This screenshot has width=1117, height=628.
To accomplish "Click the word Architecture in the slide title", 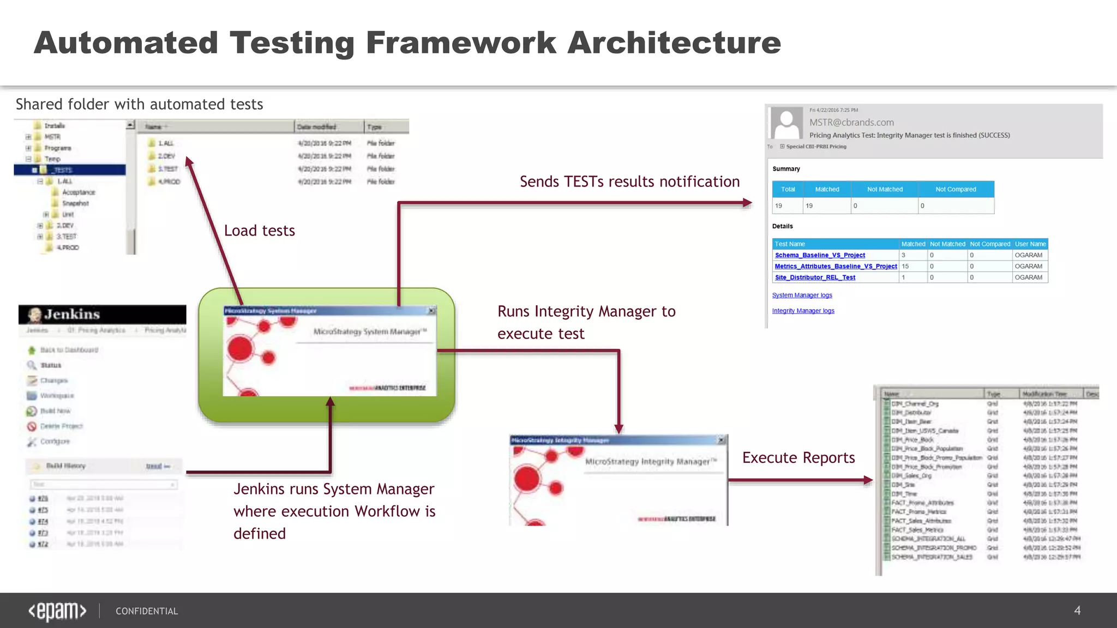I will (x=674, y=43).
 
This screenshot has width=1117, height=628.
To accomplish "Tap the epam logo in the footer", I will (x=57, y=611).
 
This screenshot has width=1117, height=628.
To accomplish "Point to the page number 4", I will (x=1077, y=611).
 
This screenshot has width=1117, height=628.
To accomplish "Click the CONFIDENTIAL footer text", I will (x=147, y=611).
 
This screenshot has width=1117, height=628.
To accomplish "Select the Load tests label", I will (x=260, y=231).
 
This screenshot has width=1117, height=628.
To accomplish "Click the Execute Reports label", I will (x=798, y=458).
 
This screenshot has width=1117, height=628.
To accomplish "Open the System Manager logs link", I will (x=802, y=295).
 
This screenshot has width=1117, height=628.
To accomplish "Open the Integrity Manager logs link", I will (x=803, y=311).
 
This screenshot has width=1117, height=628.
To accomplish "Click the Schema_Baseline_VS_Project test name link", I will (x=820, y=255).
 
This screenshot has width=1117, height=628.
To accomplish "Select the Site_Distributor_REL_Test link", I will (x=815, y=277).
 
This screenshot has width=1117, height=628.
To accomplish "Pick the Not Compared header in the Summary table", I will (x=956, y=189).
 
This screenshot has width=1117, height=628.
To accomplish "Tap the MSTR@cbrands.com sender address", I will (x=851, y=123).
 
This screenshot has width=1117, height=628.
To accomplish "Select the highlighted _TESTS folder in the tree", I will (x=62, y=170).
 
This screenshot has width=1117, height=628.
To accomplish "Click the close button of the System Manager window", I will (x=431, y=311).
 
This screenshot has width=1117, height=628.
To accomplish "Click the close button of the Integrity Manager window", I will (x=721, y=440).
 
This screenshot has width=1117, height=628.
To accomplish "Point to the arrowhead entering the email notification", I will (x=748, y=203).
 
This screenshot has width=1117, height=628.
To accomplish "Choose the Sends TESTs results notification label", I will (x=629, y=182).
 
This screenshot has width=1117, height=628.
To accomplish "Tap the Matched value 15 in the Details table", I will (x=905, y=267).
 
